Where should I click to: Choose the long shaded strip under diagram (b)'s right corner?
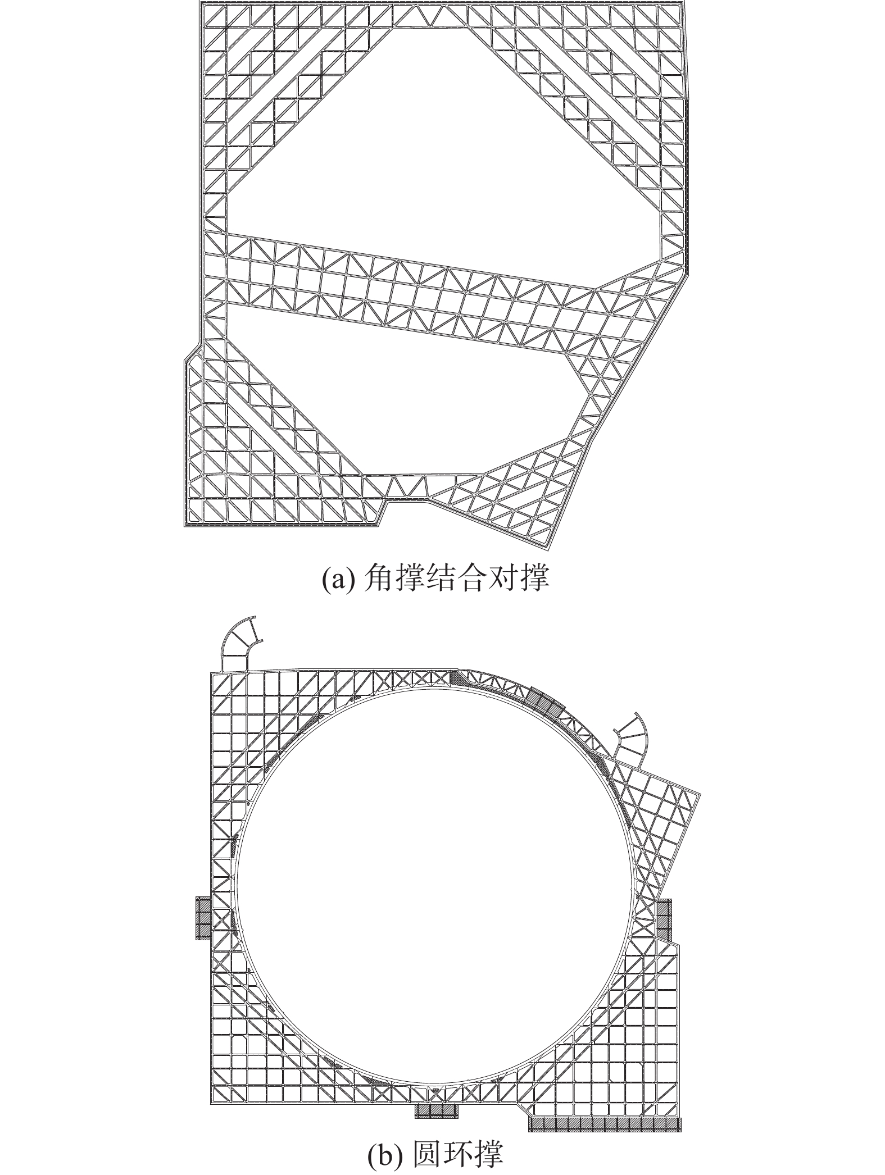tap(605, 1121)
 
